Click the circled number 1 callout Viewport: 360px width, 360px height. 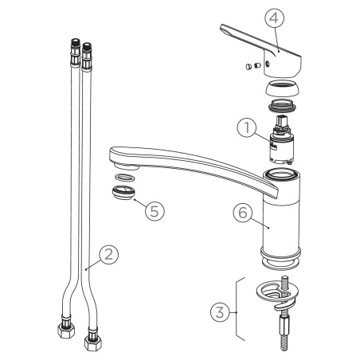coord(247,127)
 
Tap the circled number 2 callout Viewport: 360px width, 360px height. coord(109,254)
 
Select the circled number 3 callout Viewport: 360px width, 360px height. coord(220,312)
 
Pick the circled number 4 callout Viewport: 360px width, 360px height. coord(274,18)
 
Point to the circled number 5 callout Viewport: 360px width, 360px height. coord(155,211)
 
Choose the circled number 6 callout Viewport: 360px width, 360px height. coord(243,213)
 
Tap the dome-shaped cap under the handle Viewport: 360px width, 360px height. coord(283,88)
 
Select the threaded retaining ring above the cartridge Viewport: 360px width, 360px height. coord(283,105)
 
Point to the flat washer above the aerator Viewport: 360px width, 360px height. coord(124,177)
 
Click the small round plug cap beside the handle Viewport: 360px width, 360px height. coord(248,66)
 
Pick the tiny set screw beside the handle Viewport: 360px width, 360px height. coord(256,65)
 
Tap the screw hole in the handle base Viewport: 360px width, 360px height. coord(268,64)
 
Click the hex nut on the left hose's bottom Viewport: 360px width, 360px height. coord(66,331)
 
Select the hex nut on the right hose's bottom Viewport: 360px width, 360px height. coord(93,343)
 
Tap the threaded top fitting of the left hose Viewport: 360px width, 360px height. coord(76,53)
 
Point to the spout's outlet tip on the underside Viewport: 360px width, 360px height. coord(127,166)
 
